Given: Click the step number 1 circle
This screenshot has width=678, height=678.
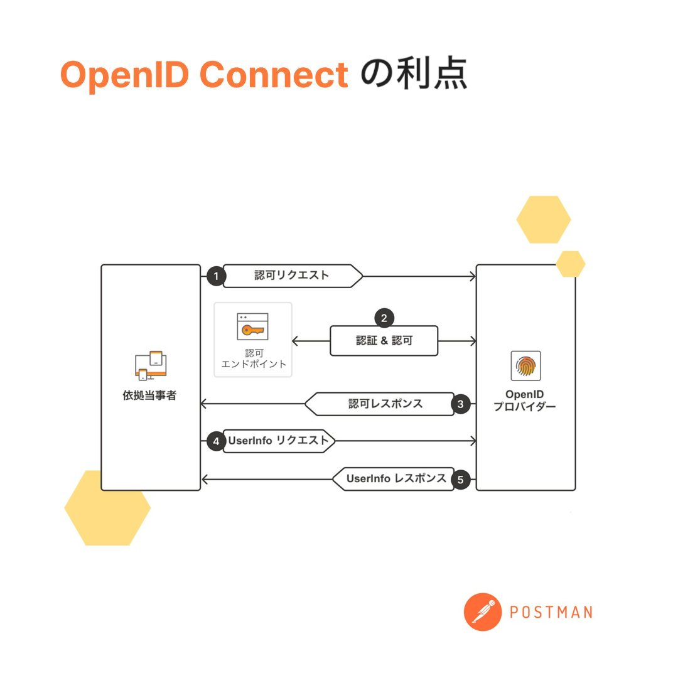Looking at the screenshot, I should [216, 276].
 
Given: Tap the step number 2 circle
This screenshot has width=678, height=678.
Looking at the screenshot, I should [384, 318].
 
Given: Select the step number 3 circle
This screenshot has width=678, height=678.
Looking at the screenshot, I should [460, 404].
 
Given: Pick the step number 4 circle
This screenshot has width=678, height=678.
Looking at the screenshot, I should [216, 441].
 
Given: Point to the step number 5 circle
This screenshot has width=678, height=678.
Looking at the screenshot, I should [460, 480].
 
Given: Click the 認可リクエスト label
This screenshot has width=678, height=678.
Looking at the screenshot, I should [292, 276].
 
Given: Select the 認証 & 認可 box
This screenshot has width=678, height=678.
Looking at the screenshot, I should [384, 341].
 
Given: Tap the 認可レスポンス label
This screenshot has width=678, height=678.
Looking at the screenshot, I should [385, 404].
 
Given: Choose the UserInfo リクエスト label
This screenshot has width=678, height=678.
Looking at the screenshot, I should [278, 441].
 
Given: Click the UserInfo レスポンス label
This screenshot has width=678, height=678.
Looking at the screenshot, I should [397, 479].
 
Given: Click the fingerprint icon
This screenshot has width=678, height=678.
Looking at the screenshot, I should [525, 366].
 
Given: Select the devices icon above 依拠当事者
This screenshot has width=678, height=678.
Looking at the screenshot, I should [151, 365].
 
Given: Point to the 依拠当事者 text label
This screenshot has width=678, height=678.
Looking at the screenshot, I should [150, 397].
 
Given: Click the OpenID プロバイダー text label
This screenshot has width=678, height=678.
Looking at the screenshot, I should [524, 400].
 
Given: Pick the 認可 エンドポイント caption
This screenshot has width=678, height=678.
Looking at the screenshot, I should [254, 358].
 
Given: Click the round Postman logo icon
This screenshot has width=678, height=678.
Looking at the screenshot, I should [483, 611].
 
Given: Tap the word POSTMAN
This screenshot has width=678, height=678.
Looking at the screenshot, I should [551, 612].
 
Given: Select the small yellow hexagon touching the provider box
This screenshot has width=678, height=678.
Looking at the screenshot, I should [570, 264].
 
